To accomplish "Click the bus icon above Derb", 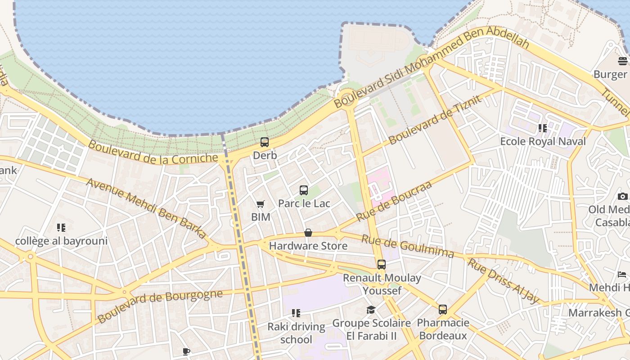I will click(265, 142).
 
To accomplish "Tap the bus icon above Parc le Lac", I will click(304, 190).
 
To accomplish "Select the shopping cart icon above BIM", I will click(261, 204).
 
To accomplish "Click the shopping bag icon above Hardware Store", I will click(308, 233).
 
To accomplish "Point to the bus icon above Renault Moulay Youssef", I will click(382, 265).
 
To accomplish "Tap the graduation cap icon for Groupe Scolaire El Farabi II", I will click(371, 310).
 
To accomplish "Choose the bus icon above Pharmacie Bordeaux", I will click(443, 310).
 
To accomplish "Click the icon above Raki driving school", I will click(296, 313).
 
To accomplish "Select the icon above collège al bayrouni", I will click(61, 228).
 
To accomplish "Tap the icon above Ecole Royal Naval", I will click(543, 128).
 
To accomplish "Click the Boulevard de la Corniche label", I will click(153, 152).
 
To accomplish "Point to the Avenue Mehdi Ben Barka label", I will click(146, 208).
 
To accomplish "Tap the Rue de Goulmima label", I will click(408, 247).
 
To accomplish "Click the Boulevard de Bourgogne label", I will click(160, 306).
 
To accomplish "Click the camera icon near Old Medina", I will click(623, 196).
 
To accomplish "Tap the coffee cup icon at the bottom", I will click(186, 351).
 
